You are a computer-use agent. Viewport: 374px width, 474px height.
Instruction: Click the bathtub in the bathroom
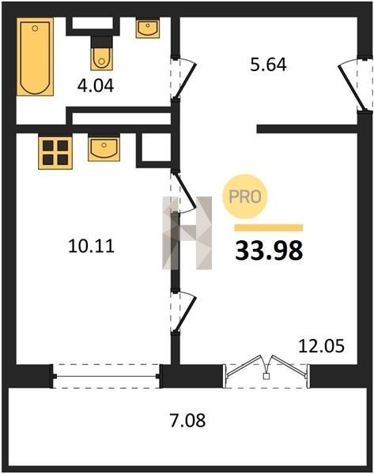point(35,57)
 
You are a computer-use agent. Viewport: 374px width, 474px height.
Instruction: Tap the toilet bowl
point(102,53)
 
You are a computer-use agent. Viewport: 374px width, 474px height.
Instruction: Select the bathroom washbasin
point(148,28)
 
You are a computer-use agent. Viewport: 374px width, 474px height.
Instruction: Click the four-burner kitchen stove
point(55,152)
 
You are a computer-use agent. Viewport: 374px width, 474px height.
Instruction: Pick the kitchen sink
point(104,148)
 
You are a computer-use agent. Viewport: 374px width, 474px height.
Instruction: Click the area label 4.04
point(96,86)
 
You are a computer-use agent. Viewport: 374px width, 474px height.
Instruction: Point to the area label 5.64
point(268,65)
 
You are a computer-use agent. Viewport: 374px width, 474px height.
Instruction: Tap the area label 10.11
point(92,246)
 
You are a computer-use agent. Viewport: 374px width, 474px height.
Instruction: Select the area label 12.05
point(321,346)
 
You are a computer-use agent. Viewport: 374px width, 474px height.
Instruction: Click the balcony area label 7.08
point(187,420)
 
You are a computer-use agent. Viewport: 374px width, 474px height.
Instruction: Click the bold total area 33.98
point(269,250)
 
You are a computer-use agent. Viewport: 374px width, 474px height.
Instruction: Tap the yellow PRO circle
point(245,197)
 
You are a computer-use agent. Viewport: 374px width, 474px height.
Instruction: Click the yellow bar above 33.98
point(269,228)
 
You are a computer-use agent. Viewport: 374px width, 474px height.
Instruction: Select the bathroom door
point(183,78)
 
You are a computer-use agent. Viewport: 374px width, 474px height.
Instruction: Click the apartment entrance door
point(355,85)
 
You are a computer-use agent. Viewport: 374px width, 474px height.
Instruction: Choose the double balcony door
point(266,371)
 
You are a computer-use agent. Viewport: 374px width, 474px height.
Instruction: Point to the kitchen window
point(106,376)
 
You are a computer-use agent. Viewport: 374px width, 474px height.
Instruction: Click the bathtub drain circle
point(35,28)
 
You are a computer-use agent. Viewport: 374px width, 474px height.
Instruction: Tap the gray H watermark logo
point(187,233)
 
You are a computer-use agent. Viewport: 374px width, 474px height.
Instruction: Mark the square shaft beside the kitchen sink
point(154,149)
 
